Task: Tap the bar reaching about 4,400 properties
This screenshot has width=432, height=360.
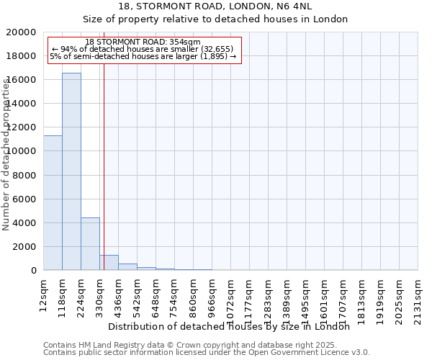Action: [x=90, y=244]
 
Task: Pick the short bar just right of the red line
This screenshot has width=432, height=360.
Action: [x=109, y=263]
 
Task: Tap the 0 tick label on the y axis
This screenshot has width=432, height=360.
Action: [x=34, y=271]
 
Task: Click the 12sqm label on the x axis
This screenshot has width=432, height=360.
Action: [x=43, y=294]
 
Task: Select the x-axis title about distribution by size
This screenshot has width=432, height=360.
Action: [x=233, y=326]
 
